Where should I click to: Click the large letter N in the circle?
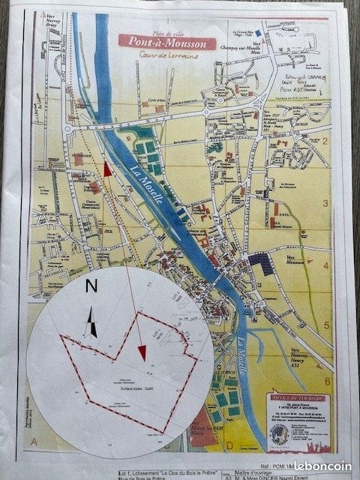coord(91,286)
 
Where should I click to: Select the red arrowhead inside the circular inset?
coord(142,350)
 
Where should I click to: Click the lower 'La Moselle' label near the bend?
coord(243,357)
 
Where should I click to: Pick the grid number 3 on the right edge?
coord(327,203)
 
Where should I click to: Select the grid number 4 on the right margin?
coord(327,265)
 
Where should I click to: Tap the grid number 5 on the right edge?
coord(327,325)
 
